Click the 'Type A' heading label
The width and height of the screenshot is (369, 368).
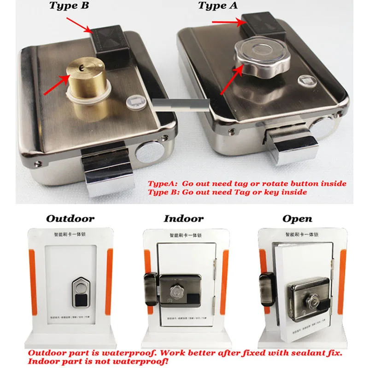tap(218, 6)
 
